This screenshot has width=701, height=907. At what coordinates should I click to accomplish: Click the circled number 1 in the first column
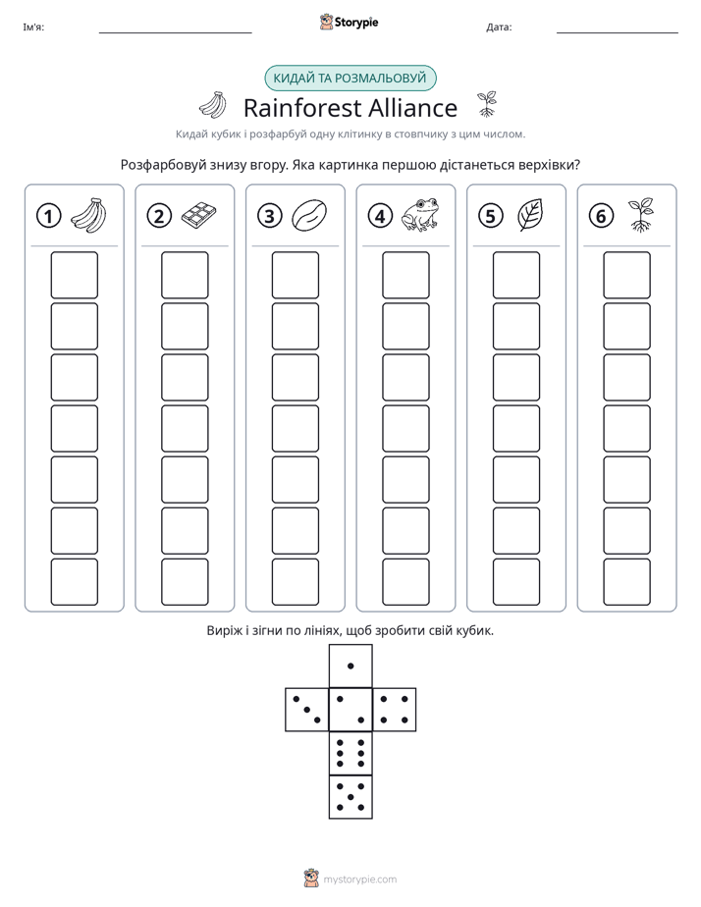48,216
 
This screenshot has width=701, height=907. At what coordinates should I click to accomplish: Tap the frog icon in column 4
420,215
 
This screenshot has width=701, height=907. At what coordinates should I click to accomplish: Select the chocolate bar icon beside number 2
199,216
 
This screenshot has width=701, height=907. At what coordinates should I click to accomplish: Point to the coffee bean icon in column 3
309,216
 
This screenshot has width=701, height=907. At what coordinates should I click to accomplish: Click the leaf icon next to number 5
530,215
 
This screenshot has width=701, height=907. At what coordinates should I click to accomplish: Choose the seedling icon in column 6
641,215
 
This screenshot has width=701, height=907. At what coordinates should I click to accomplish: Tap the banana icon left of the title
213,105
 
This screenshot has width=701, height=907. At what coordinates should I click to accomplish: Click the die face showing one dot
350,667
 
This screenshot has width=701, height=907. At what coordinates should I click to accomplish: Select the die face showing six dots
350,754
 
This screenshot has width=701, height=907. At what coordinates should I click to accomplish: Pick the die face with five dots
350,797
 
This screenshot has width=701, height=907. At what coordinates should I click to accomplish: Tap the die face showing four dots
395,710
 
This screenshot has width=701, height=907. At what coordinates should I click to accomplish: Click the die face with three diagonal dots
307,710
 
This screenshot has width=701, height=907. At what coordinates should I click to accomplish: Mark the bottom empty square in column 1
74,582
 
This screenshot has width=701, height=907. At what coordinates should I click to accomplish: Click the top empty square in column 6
627,275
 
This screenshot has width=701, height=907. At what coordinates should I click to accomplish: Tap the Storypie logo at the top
349,22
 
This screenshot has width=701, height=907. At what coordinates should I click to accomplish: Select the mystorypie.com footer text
359,880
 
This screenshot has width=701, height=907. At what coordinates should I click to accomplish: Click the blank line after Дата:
618,33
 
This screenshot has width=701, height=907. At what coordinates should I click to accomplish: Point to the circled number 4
380,216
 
